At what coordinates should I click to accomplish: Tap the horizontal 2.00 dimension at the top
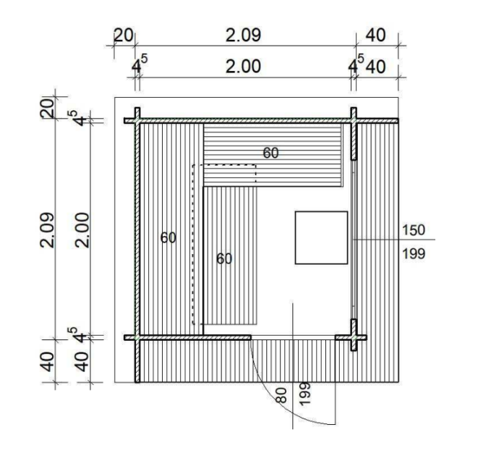pos(243,67)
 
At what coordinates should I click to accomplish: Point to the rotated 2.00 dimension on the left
pos(82,229)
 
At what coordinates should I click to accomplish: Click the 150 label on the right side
pos(413,229)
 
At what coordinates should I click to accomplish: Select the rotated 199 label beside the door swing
pos(304,394)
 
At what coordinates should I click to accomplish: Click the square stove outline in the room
pos(321,237)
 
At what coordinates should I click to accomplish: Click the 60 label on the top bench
pos(270,153)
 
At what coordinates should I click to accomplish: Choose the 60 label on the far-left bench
pos(168,237)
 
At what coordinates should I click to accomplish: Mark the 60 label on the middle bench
pos(223,258)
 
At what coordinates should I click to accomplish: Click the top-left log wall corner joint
pos(135,120)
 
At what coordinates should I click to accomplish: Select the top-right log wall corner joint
pos(354,120)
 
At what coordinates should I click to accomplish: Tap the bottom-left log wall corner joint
pos(135,337)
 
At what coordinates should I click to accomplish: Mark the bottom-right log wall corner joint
pos(354,337)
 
